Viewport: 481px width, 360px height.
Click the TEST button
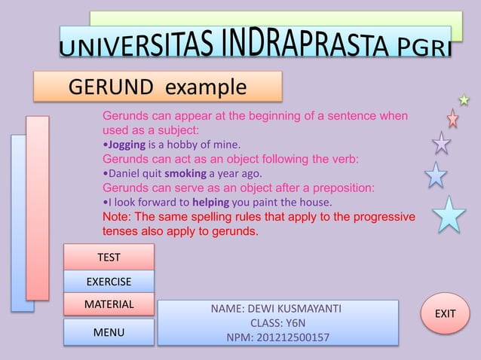tap(109, 257)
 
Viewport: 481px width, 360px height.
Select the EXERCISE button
tap(109, 282)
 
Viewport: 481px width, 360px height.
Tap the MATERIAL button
tap(109, 304)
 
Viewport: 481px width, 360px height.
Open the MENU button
tap(109, 332)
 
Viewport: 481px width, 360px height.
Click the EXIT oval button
tap(446, 313)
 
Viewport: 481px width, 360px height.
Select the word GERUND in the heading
tap(113, 87)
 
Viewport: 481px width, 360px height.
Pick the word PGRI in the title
tap(424, 47)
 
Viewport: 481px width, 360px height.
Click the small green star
tap(464, 99)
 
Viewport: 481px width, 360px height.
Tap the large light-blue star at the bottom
tap(449, 215)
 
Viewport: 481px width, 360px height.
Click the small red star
tap(452, 118)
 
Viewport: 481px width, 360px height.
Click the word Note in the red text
tap(116, 217)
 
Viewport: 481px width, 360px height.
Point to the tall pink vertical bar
tap(37, 207)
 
